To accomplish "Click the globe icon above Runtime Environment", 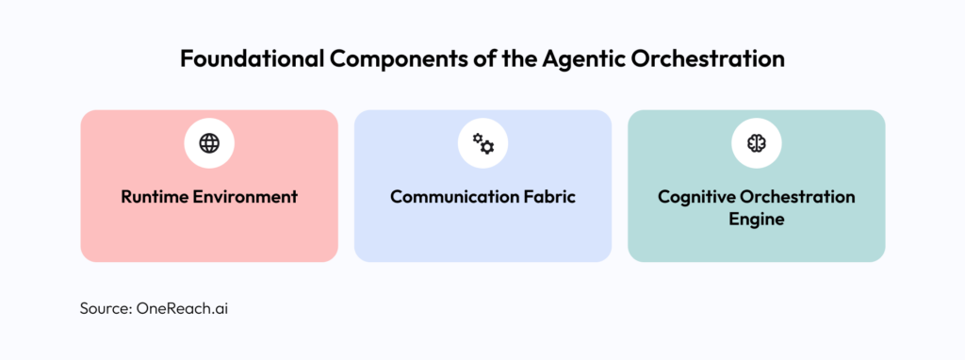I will (x=209, y=143).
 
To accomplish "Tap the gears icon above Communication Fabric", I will (x=482, y=143).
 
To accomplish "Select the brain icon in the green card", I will (x=756, y=143).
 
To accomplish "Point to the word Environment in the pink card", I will (x=245, y=197).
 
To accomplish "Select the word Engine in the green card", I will (x=756, y=220).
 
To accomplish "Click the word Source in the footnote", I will (x=103, y=308).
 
